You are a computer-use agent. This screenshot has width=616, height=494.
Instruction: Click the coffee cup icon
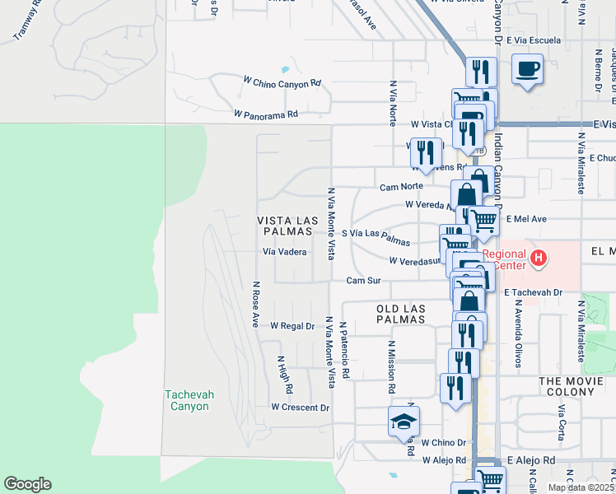click(527, 69)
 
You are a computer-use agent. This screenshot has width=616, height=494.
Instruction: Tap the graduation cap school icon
click(403, 422)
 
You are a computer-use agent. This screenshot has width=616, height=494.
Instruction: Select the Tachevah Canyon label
click(189, 400)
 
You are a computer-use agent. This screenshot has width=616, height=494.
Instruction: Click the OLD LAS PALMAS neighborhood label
click(401, 314)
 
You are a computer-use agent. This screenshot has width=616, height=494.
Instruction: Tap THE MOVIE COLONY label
click(576, 381)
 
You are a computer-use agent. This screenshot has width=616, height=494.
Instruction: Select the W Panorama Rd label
click(265, 114)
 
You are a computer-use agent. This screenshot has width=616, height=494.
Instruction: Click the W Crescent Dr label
click(300, 408)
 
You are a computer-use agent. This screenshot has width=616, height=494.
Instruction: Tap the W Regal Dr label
click(292, 326)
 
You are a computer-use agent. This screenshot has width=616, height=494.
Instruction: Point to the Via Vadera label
click(285, 252)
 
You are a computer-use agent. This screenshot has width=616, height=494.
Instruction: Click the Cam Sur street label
click(363, 281)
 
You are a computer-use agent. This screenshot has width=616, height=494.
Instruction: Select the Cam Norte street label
click(401, 187)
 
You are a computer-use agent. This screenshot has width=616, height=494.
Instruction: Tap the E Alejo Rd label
click(532, 460)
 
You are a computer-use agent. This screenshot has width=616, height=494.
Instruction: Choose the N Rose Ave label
click(256, 303)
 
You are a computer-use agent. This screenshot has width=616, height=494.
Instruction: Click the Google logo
click(27, 484)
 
